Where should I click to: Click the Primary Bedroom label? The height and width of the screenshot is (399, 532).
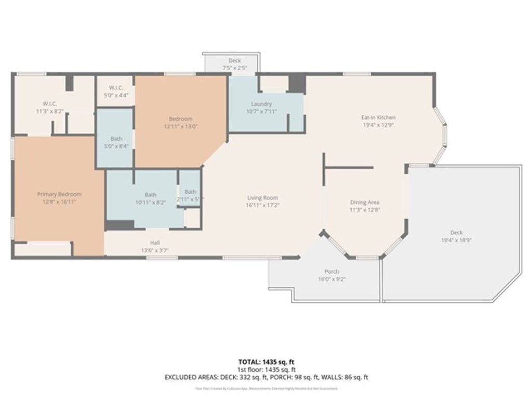[59, 194]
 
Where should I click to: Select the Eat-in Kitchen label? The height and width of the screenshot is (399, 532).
[378, 117]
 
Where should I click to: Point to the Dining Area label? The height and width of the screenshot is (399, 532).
[364, 202]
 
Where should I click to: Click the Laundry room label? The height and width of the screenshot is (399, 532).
[261, 104]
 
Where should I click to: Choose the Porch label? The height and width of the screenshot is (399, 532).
[331, 271]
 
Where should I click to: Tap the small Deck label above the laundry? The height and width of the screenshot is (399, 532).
[234, 61]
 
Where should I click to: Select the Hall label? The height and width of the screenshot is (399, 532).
[155, 243]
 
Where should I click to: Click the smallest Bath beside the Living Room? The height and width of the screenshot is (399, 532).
[191, 192]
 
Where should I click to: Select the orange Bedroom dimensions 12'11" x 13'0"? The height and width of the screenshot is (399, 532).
[180, 126]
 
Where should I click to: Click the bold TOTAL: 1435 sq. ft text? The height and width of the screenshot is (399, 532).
[266, 362]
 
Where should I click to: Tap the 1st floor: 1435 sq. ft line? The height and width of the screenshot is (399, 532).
[266, 369]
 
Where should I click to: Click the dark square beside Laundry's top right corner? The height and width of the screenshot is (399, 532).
[297, 84]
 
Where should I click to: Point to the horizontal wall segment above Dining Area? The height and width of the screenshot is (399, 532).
[349, 168]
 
